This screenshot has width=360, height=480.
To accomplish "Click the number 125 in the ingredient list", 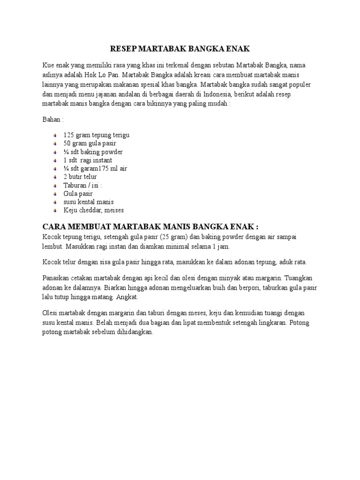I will [69, 135].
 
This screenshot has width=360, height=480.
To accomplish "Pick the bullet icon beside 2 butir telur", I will [55, 177].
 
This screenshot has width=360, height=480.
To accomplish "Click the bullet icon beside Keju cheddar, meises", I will [55, 211].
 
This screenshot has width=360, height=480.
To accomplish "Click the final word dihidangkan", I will [134, 332].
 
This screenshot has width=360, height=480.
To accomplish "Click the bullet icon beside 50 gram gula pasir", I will [55, 143].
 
